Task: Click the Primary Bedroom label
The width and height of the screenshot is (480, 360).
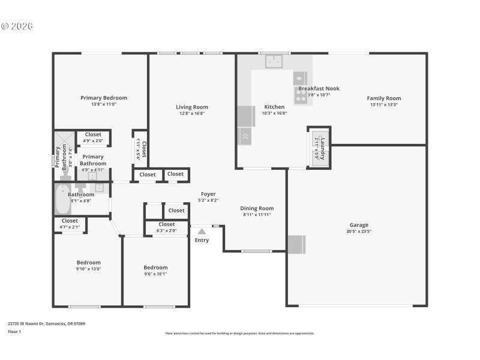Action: click(104, 98)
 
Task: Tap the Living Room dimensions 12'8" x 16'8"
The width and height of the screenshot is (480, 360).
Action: click(192, 113)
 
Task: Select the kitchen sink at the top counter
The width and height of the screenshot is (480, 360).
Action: click(275, 61)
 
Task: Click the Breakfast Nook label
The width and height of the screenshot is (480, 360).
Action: click(319, 88)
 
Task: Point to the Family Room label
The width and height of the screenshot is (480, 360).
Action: click(384, 98)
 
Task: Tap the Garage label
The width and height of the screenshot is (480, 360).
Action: click(359, 226)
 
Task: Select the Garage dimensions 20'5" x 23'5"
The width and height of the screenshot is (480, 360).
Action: click(359, 232)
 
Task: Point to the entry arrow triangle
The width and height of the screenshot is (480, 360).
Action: click(202, 231)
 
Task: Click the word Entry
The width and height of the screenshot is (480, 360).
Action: click(202, 240)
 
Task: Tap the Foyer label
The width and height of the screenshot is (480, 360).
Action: click(208, 194)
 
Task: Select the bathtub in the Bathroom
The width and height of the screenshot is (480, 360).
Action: click(63, 200)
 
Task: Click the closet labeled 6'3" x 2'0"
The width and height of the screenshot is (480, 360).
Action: click(167, 227)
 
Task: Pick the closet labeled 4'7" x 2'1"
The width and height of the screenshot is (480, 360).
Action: click(70, 224)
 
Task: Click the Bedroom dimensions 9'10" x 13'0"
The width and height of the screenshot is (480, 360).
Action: click(88, 268)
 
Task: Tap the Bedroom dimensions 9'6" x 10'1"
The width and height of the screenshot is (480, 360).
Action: click(155, 274)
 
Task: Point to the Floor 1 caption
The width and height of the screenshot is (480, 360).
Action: click(14, 331)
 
